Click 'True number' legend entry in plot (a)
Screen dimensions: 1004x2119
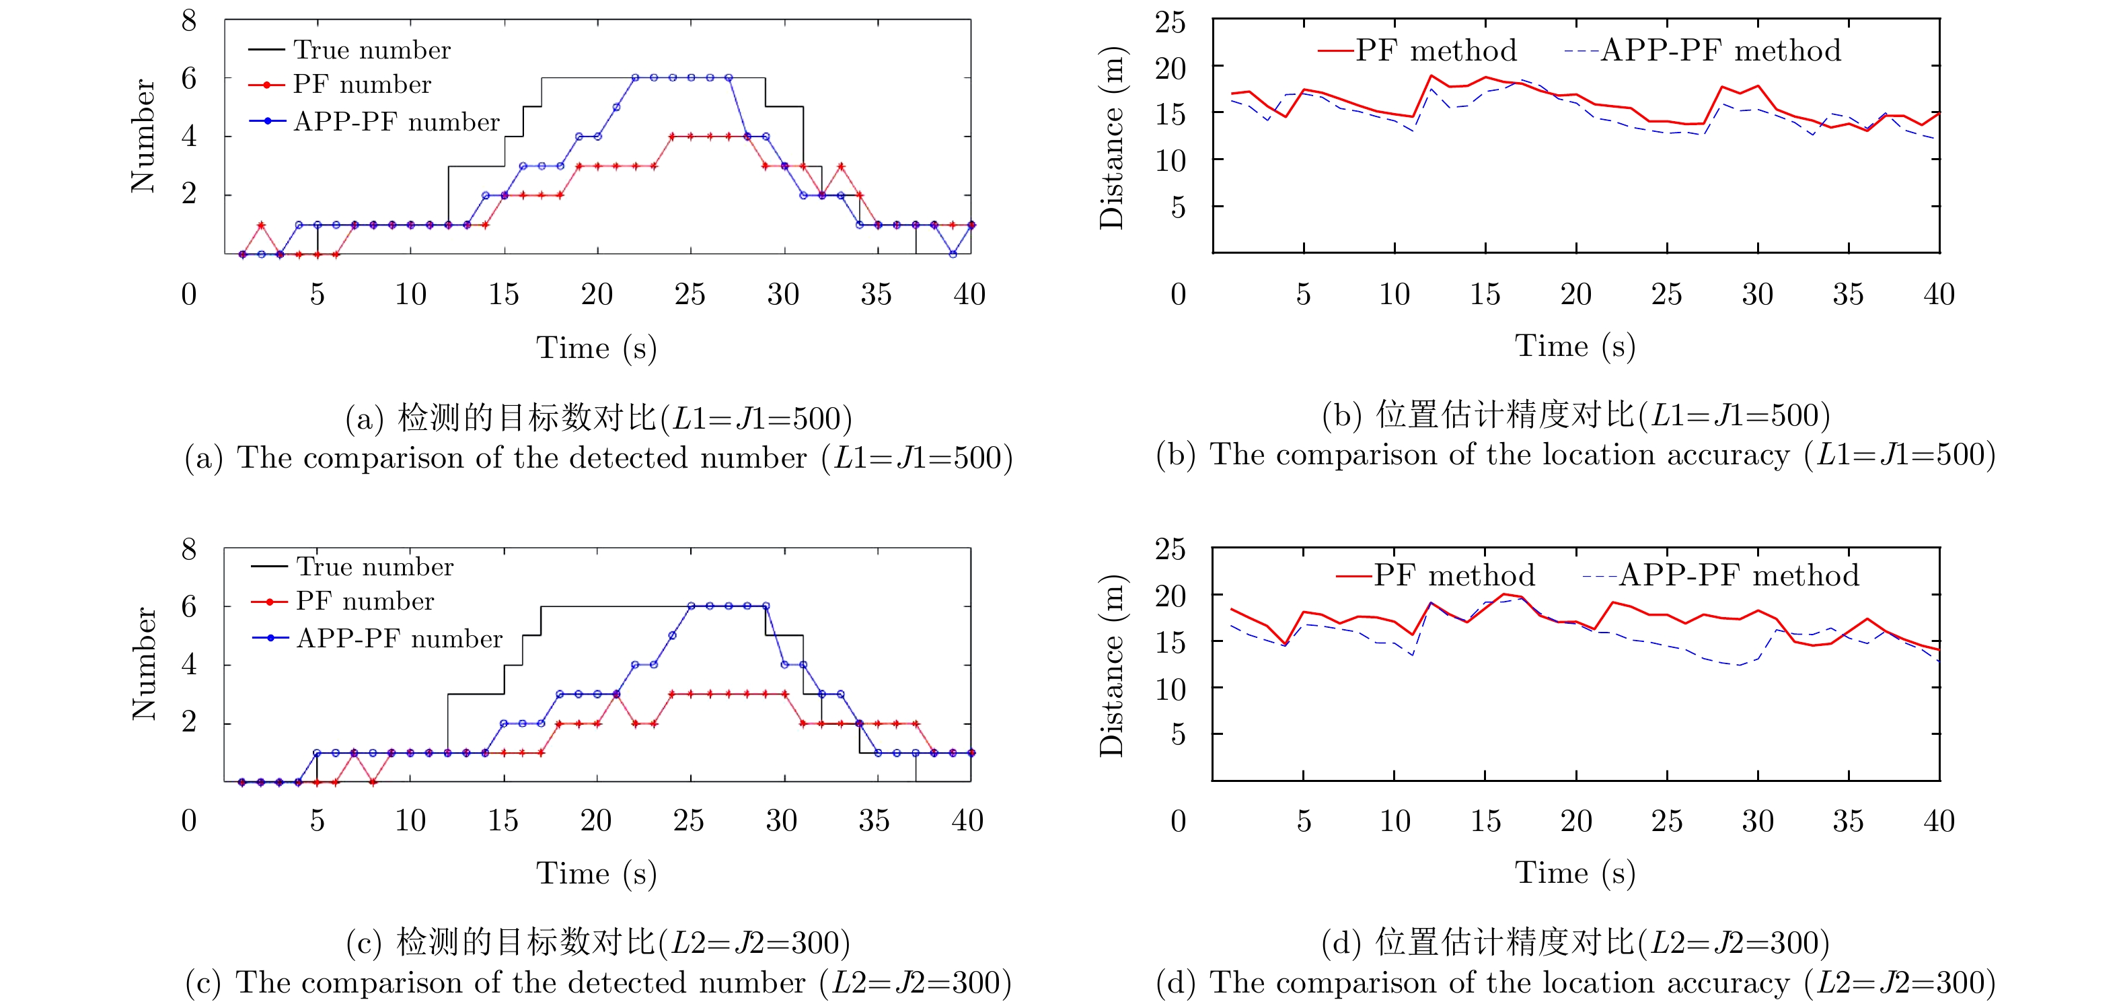(372, 50)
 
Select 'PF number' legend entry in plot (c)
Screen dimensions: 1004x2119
(365, 602)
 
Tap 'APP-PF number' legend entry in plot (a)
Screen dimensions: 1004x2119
(396, 122)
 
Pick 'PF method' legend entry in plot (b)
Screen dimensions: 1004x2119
(1436, 51)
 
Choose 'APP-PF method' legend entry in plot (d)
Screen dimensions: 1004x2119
(1738, 575)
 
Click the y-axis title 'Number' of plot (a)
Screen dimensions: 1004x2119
(143, 136)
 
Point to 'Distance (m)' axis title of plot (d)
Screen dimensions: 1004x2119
(1111, 665)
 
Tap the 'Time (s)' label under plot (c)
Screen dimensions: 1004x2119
(597, 874)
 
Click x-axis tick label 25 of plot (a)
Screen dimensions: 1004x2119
(690, 294)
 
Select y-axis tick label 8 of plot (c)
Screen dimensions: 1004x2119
(189, 549)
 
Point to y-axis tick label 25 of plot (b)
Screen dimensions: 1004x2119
(1170, 22)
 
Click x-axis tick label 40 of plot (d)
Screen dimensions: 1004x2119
(1938, 820)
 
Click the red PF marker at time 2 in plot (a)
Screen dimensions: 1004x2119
(262, 225)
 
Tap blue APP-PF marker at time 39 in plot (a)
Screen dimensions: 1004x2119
(953, 254)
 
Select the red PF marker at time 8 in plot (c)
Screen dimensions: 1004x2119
(373, 782)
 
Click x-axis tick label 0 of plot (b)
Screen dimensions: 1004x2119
(1178, 294)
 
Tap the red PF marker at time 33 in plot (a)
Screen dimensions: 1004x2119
(841, 166)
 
